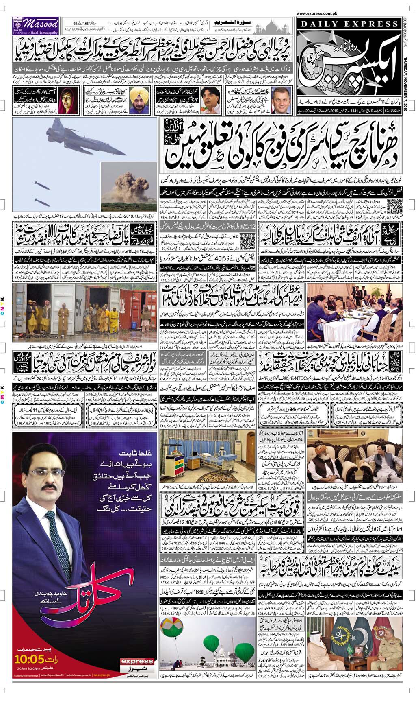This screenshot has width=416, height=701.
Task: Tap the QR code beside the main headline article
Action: pyautogui.click(x=394, y=206)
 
